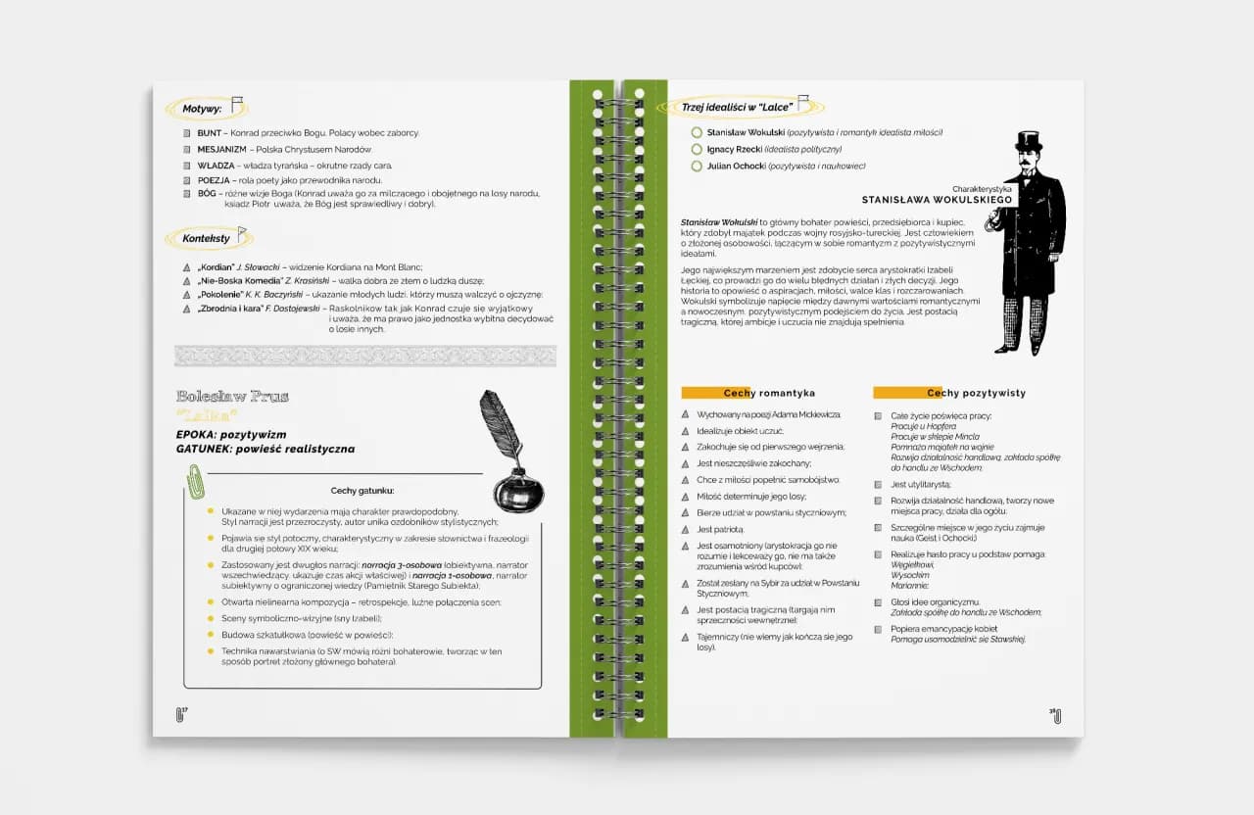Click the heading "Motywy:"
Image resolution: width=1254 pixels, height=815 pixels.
point(202,109)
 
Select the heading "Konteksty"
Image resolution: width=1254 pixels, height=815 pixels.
point(206,238)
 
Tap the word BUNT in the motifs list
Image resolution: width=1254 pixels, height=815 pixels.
point(209,132)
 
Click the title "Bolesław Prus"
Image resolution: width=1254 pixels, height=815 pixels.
point(232,396)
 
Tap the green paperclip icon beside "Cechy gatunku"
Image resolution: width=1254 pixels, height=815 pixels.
point(196,483)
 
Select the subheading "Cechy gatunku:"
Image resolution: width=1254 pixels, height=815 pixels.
point(362,491)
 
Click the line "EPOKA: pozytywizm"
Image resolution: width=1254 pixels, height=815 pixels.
point(231,434)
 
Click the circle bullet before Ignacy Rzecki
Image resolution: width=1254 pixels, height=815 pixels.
point(697,149)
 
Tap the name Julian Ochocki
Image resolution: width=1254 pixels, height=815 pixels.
point(735,166)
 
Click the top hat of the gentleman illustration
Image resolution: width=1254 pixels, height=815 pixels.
point(1028,143)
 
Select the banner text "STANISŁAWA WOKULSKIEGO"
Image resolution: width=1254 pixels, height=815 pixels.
point(938,199)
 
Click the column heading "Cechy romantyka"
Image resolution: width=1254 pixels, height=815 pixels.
point(769,393)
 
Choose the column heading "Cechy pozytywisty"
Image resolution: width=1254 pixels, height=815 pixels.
point(976,393)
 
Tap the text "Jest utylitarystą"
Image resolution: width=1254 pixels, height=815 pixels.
point(921,484)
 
